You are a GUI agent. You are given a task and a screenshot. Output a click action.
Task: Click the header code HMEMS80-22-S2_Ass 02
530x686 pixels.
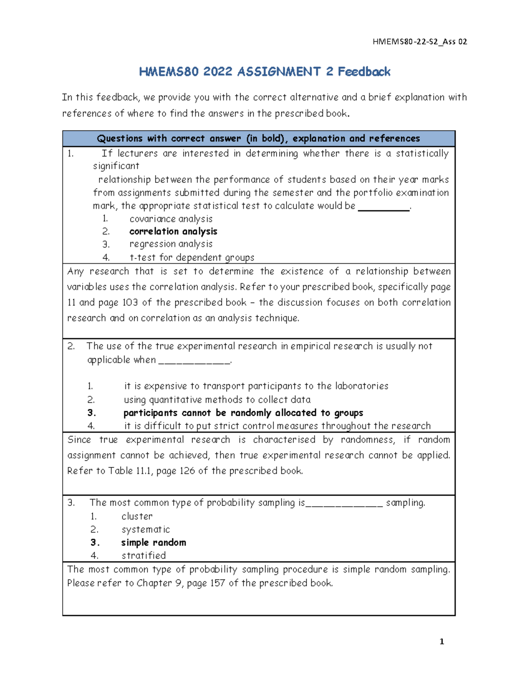point(420,42)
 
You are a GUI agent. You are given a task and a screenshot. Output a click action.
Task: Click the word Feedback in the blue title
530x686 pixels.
point(364,72)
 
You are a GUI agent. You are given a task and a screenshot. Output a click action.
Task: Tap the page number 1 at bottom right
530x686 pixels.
point(442,642)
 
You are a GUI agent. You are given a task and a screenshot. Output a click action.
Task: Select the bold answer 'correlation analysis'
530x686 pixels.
point(173,231)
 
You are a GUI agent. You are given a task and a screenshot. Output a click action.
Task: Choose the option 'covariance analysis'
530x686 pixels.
point(171,219)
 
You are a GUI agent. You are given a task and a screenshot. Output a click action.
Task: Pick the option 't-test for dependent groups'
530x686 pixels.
point(192,257)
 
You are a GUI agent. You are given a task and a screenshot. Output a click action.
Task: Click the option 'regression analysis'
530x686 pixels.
point(171,244)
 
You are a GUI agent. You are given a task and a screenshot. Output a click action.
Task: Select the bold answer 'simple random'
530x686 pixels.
point(153,542)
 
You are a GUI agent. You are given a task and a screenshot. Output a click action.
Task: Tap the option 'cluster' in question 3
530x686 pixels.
point(137,516)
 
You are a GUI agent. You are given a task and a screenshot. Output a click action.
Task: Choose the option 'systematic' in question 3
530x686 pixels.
point(145,529)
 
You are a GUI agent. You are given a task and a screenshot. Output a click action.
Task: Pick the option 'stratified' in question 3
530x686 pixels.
point(144,555)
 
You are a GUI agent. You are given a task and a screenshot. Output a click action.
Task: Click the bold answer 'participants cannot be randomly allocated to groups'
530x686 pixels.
point(243,413)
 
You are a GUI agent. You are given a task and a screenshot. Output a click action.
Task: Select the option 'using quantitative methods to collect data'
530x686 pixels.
point(217,400)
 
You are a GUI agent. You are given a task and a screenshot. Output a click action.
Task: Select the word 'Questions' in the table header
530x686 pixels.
point(120,139)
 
